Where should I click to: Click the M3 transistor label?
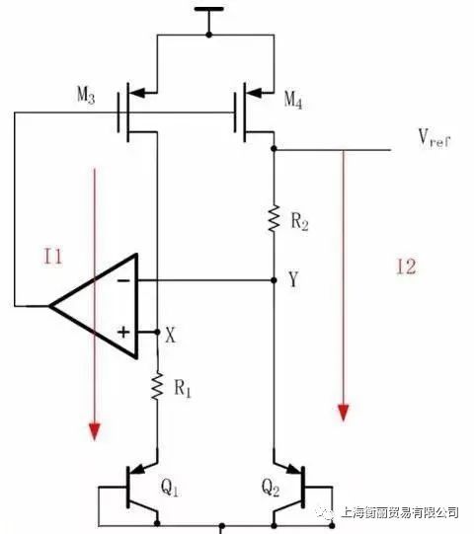coord(86,95)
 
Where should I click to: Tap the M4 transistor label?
coord(293,100)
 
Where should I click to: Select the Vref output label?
coord(434,138)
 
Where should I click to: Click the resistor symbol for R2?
coord(274,219)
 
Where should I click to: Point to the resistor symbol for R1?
coord(157,386)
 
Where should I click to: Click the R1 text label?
coord(183,388)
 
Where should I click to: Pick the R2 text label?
coord(300,222)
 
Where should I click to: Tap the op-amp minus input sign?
coord(123,280)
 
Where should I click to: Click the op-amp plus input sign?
coord(123,332)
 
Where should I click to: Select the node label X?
coord(171,335)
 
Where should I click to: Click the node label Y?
coord(293,279)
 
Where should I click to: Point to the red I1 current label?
coord(53,257)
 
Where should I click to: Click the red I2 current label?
coord(406,267)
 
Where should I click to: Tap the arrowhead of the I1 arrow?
coord(95,431)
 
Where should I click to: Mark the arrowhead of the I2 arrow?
coord(343,412)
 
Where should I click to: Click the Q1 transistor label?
coord(170,488)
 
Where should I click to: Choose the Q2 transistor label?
coord(271,488)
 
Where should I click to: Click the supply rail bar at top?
coord(209,9)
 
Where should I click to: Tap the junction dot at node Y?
coord(274,280)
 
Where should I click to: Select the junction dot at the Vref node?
coord(274,148)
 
